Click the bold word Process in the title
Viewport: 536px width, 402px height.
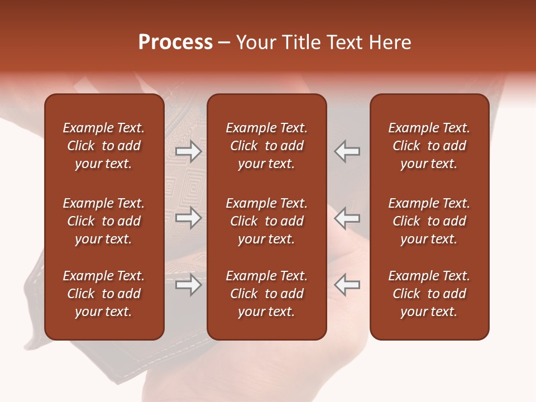pyautogui.click(x=175, y=42)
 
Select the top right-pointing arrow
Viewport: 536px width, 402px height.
pyautogui.click(x=188, y=151)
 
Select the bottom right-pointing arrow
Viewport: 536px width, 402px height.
pyautogui.click(x=188, y=285)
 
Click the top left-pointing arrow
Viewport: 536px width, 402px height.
pyautogui.click(x=347, y=151)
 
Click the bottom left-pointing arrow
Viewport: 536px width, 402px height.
pyautogui.click(x=347, y=285)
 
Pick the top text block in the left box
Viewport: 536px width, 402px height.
pyautogui.click(x=104, y=146)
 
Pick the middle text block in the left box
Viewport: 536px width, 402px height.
pyautogui.click(x=104, y=221)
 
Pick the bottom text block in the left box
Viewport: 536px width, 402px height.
pyautogui.click(x=104, y=294)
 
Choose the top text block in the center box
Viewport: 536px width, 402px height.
pyautogui.click(x=266, y=146)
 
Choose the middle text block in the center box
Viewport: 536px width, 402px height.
pyautogui.click(x=266, y=221)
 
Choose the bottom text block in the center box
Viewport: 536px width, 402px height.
pyautogui.click(x=266, y=294)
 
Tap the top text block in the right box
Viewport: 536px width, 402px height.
pyautogui.click(x=429, y=146)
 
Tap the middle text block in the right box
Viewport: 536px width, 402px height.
pyautogui.click(x=429, y=221)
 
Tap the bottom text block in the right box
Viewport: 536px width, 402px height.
pyautogui.click(x=429, y=294)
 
